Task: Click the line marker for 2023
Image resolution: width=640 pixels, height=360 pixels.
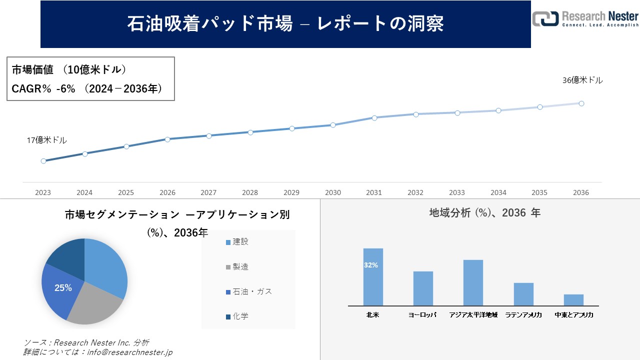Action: [x=43, y=161]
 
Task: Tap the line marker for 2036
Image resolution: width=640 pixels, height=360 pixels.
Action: [x=581, y=103]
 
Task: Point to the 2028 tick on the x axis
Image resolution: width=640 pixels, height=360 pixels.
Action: [x=250, y=192]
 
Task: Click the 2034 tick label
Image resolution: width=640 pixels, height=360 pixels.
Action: [x=498, y=192]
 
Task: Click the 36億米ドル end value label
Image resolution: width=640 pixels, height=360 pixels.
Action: [x=582, y=80]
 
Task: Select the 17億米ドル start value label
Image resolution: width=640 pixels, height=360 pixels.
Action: [x=46, y=140]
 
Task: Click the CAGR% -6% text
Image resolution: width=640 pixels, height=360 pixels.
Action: [x=43, y=88]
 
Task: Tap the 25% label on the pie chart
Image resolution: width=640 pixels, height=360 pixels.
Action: [x=63, y=288]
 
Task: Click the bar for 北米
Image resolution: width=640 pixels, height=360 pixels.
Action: [x=373, y=277]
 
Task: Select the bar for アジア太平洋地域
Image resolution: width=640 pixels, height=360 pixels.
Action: [x=473, y=282]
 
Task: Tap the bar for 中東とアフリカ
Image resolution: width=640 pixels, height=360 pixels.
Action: [x=573, y=300]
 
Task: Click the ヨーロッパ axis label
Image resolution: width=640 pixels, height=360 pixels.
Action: [x=422, y=315]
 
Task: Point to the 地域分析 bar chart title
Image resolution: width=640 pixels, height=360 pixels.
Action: [x=484, y=213]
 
